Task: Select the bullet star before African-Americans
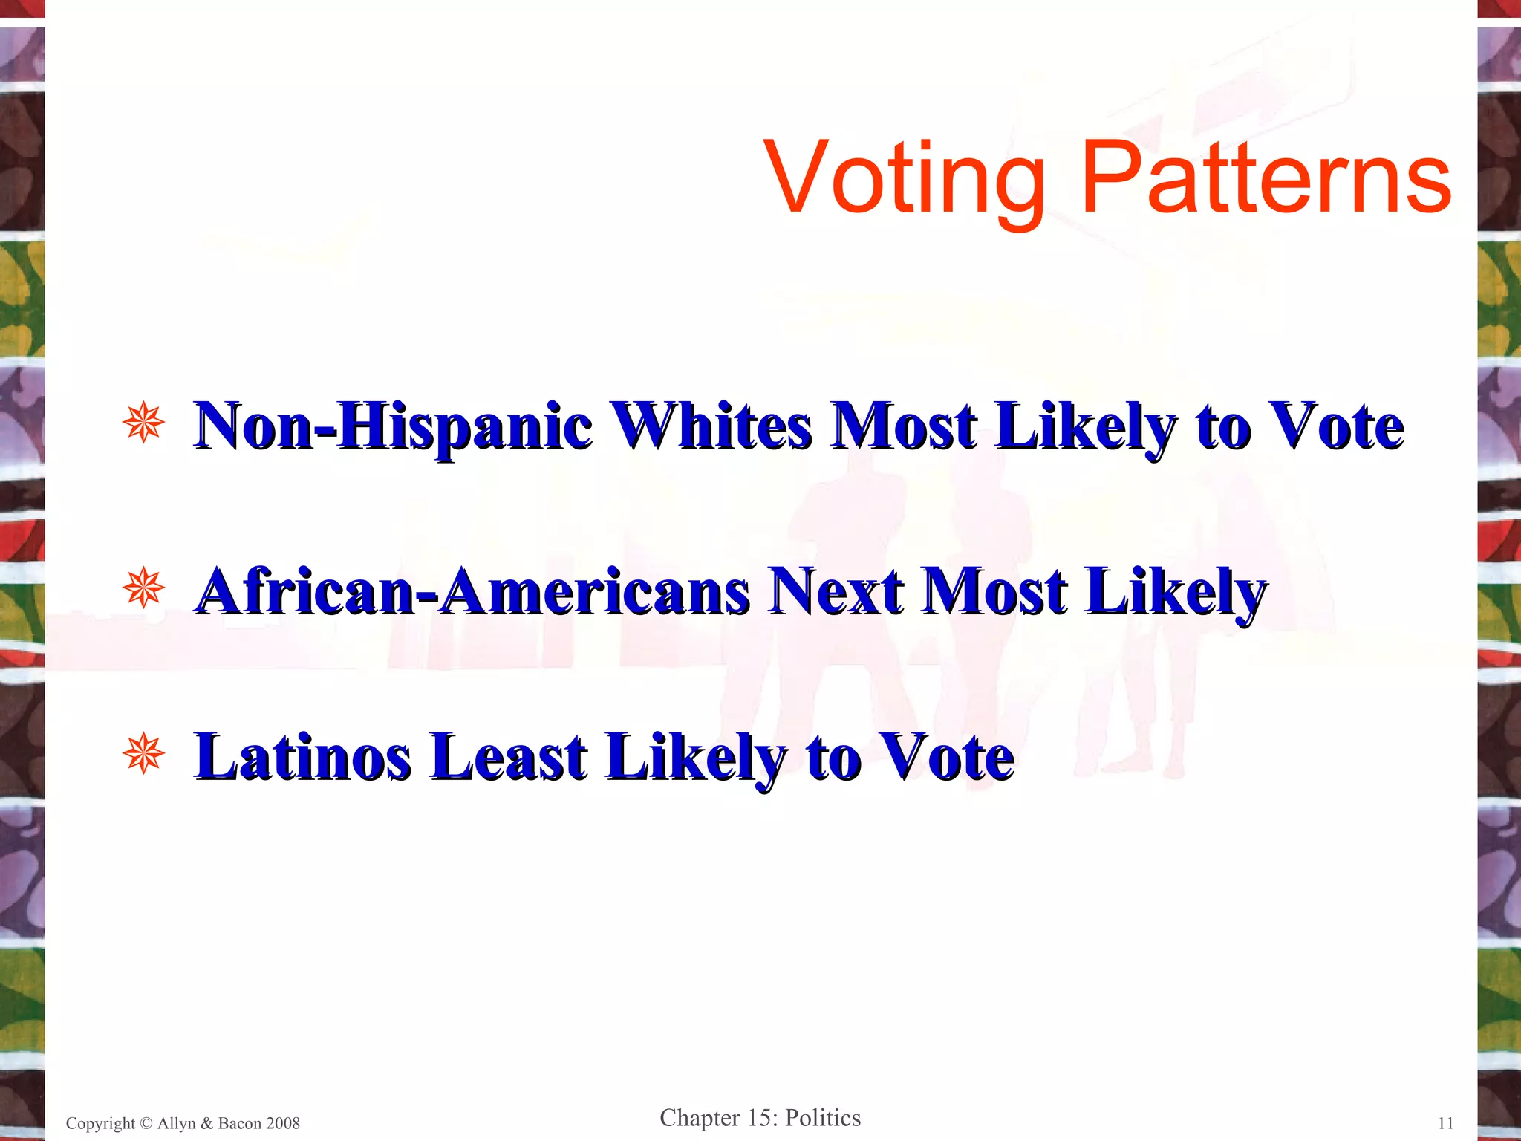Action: [x=144, y=589]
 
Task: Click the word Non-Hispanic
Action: [x=394, y=427]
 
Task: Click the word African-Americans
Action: [x=472, y=592]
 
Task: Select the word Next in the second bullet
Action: [x=836, y=592]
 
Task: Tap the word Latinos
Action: [x=303, y=757]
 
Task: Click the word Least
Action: [x=509, y=757]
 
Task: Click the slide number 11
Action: [x=1445, y=1123]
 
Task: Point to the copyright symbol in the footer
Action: [x=146, y=1123]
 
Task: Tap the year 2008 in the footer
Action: [x=282, y=1123]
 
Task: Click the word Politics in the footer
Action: [x=823, y=1118]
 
